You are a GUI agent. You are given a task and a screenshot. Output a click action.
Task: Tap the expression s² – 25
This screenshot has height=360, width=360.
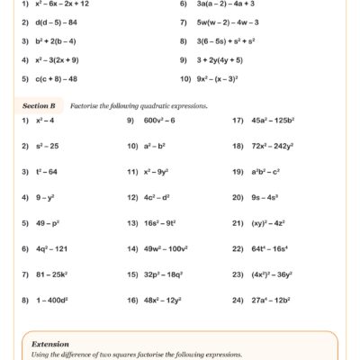pos(47,145)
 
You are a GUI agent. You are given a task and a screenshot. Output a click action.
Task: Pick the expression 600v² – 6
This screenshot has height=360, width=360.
pos(159,120)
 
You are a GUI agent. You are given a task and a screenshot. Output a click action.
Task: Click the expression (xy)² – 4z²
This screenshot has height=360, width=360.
pos(267,220)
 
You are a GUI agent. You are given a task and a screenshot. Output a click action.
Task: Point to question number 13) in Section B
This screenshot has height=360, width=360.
pos(131,220)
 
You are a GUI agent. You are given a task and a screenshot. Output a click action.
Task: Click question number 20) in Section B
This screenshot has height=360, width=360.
pos(238,195)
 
